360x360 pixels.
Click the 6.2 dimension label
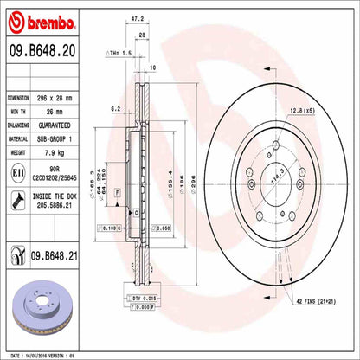click(115, 109)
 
